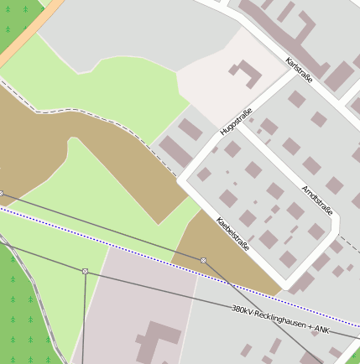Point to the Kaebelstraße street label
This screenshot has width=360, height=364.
click(x=233, y=235)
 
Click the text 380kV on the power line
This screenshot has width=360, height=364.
click(x=243, y=309)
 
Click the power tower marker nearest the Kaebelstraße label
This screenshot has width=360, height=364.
click(x=203, y=260)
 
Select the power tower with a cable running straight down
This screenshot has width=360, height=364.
click(x=85, y=271)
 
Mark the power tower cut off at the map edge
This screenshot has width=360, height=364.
click(x=2, y=193)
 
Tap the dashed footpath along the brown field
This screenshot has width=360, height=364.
click(x=101, y=116)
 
